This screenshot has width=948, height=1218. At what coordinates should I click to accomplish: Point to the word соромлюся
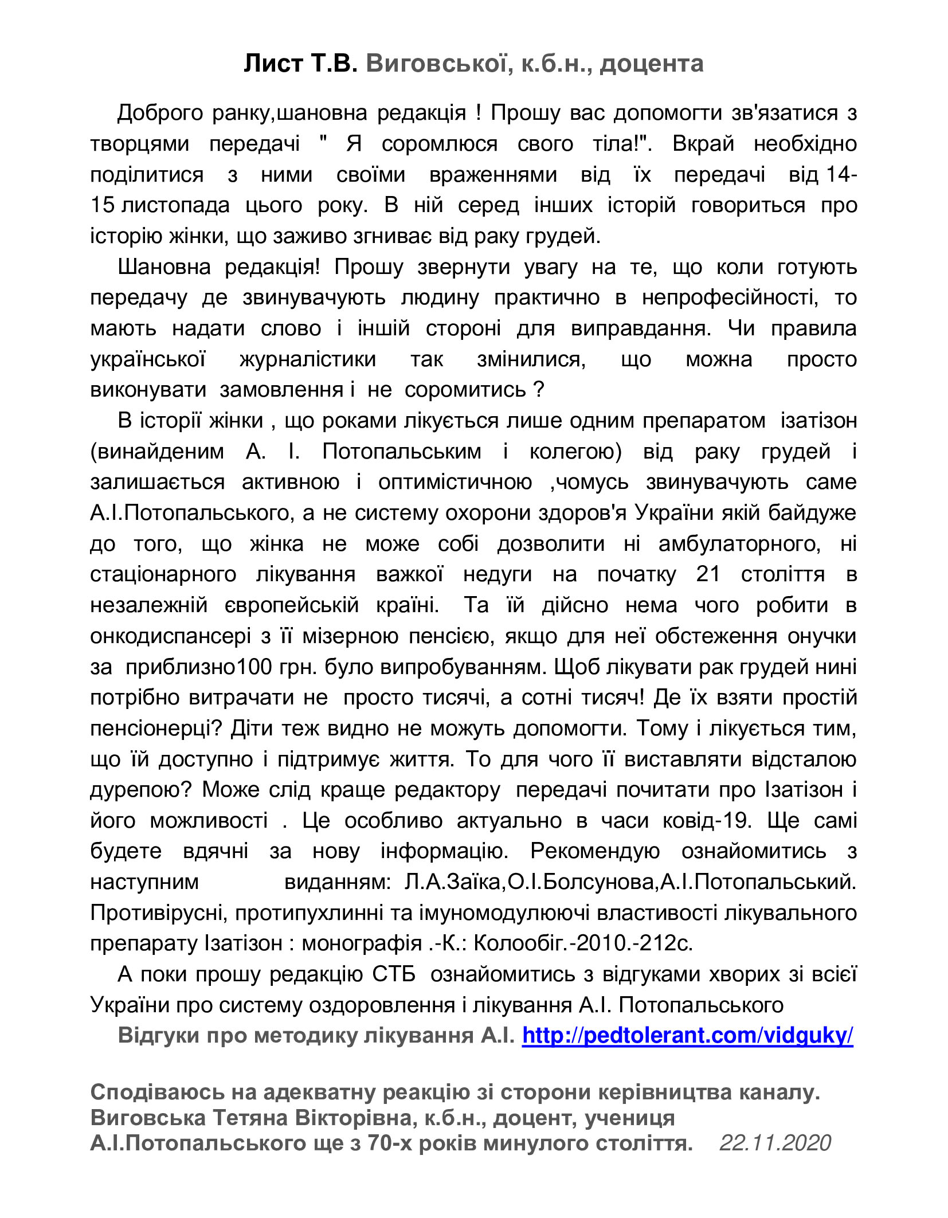439,143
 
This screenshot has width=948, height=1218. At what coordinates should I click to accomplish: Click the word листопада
175,205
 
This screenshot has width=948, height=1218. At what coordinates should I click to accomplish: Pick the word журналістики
308,359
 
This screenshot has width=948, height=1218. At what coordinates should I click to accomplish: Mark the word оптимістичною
455,482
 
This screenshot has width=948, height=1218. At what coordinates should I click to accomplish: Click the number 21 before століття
708,574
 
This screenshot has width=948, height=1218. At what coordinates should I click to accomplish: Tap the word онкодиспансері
171,636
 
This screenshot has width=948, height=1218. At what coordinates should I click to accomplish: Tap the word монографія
362,943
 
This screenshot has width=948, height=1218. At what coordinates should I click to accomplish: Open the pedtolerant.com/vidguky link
687,1036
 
